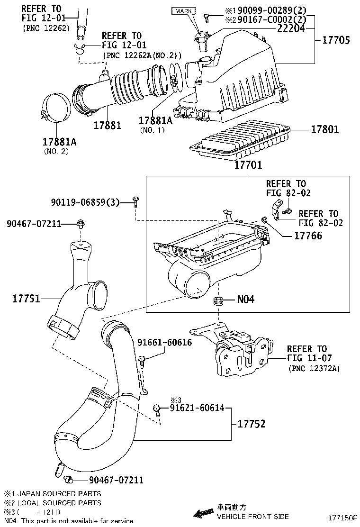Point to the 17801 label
(324, 129)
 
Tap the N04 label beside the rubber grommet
(246, 299)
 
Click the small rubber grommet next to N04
(218, 300)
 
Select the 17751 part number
(26, 299)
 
